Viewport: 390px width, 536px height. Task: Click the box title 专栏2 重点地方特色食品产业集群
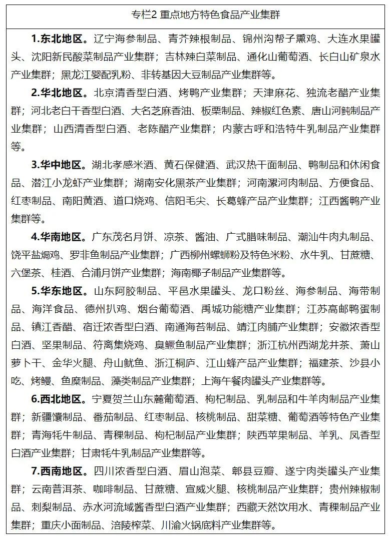click(x=194, y=15)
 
